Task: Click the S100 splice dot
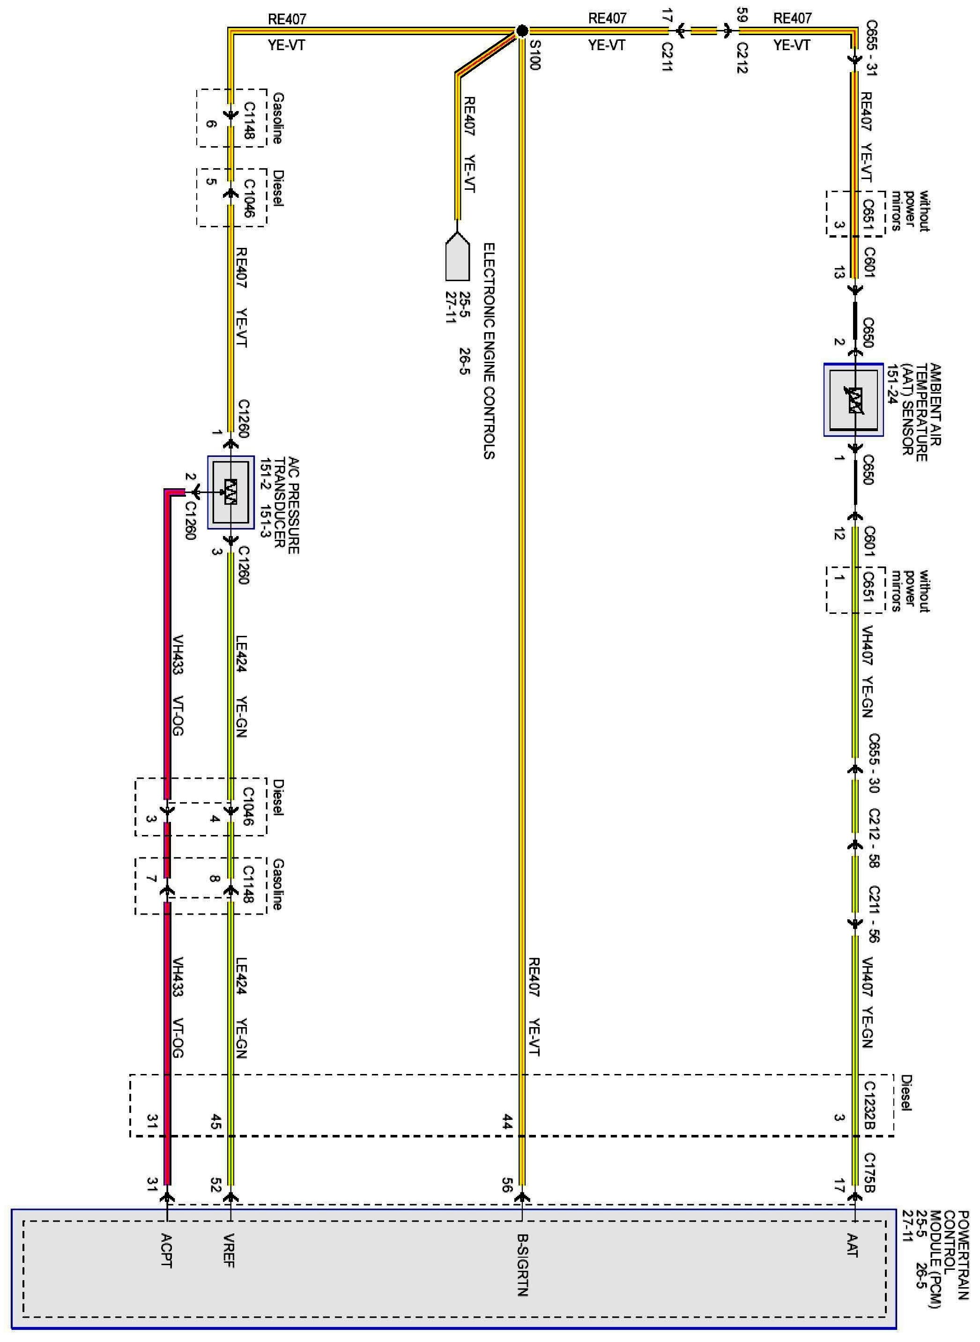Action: pyautogui.click(x=521, y=31)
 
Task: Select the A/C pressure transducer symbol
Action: pyautogui.click(x=231, y=492)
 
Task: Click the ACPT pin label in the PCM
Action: pyautogui.click(x=166, y=1250)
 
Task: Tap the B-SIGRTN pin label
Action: pyautogui.click(x=522, y=1264)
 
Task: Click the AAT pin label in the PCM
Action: pyautogui.click(x=853, y=1245)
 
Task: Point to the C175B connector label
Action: pyautogui.click(x=869, y=1173)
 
